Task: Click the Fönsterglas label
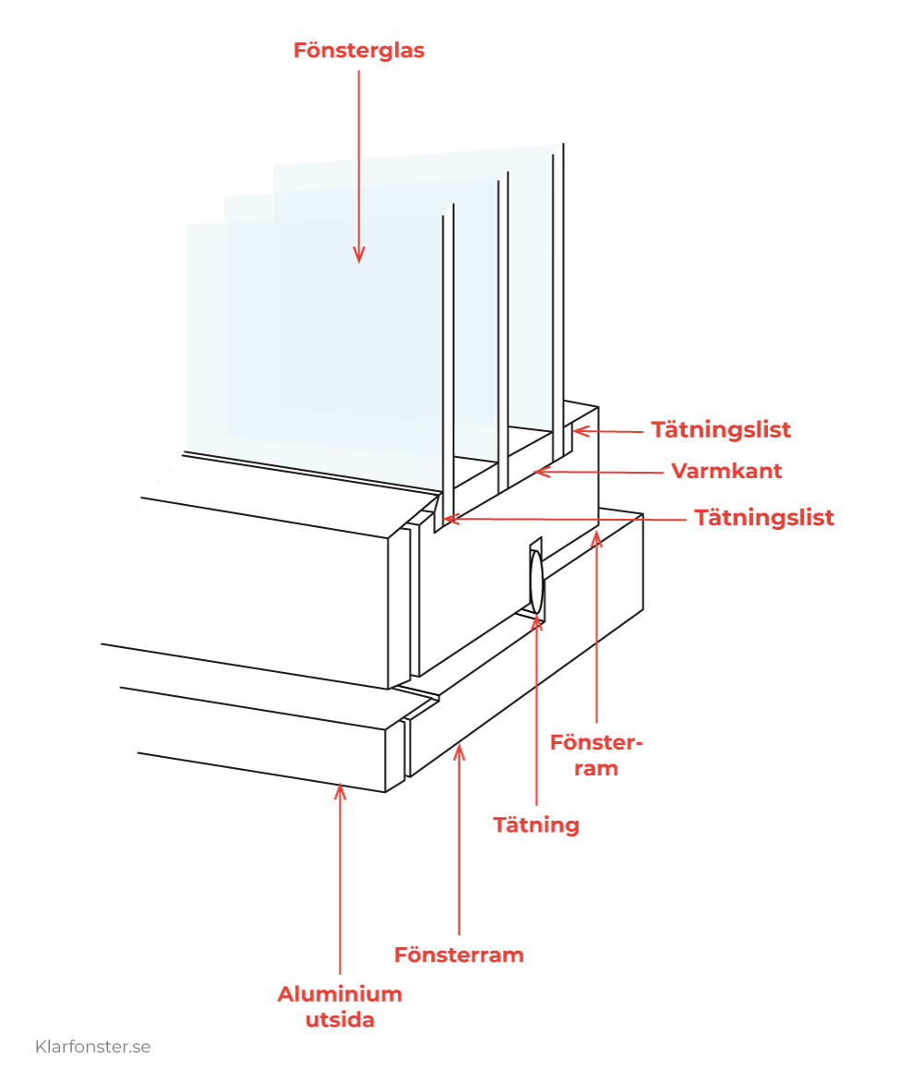(358, 51)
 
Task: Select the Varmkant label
(726, 471)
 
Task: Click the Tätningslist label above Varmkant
(721, 430)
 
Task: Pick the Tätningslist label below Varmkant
(764, 518)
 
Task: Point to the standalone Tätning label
(536, 824)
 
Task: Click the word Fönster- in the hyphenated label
(596, 743)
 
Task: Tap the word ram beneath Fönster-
(596, 768)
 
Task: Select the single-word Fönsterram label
(459, 955)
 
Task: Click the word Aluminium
(340, 994)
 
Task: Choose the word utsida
(340, 1020)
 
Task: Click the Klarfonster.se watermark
(92, 1047)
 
